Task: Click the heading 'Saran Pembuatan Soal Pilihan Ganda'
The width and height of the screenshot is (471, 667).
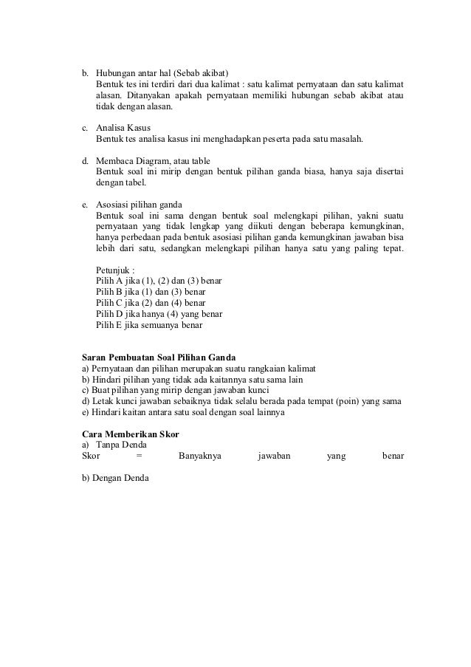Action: point(158,357)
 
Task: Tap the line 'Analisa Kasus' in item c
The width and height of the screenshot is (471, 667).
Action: point(123,127)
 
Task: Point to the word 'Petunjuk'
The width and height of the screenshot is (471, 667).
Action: point(114,270)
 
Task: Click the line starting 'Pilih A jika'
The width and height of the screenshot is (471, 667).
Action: point(159,281)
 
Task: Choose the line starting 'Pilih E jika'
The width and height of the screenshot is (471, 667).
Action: point(148,324)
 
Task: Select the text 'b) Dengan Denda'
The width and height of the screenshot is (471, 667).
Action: point(114,477)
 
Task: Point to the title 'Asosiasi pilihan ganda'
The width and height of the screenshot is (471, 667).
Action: point(140,204)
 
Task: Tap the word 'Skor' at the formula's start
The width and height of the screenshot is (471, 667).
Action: point(90,456)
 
